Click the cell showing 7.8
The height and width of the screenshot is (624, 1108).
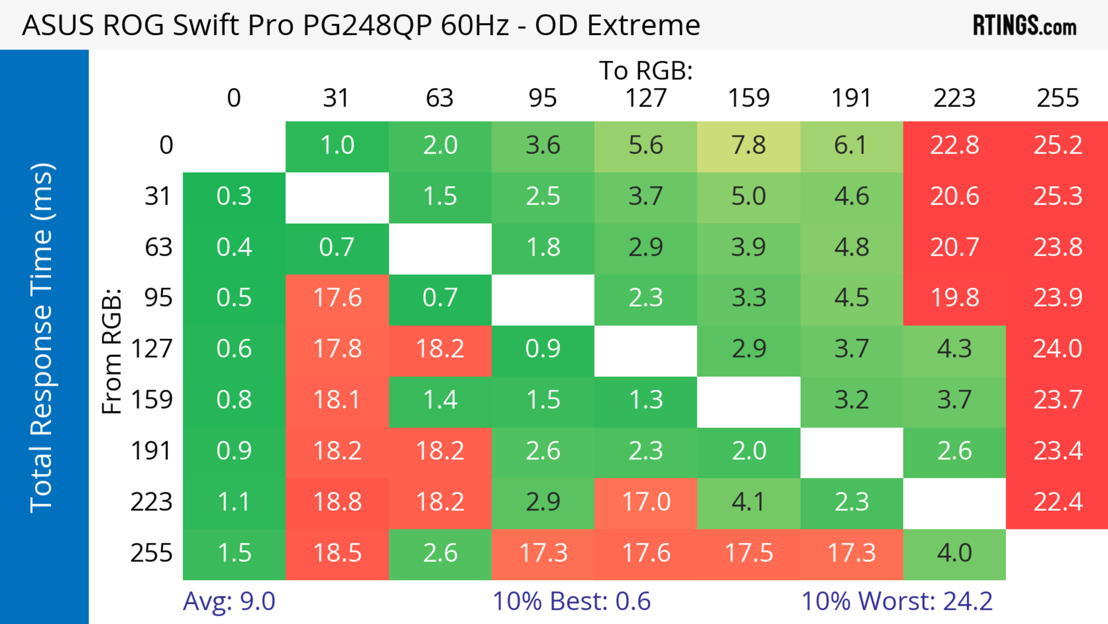(x=748, y=145)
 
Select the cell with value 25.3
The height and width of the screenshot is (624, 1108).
(x=1057, y=196)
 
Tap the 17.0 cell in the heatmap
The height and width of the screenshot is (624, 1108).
(x=646, y=502)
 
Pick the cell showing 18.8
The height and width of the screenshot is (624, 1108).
(x=337, y=502)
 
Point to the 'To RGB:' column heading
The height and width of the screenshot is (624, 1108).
(x=646, y=70)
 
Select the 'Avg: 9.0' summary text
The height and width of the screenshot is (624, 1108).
(x=229, y=601)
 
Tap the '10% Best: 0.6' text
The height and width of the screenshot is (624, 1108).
(x=571, y=601)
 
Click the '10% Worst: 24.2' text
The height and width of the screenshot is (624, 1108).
(x=897, y=601)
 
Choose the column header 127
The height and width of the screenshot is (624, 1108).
(x=646, y=98)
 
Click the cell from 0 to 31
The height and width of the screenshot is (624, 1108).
(x=337, y=145)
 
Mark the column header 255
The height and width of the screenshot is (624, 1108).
(x=1057, y=98)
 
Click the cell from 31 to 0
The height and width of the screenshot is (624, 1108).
(x=234, y=196)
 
